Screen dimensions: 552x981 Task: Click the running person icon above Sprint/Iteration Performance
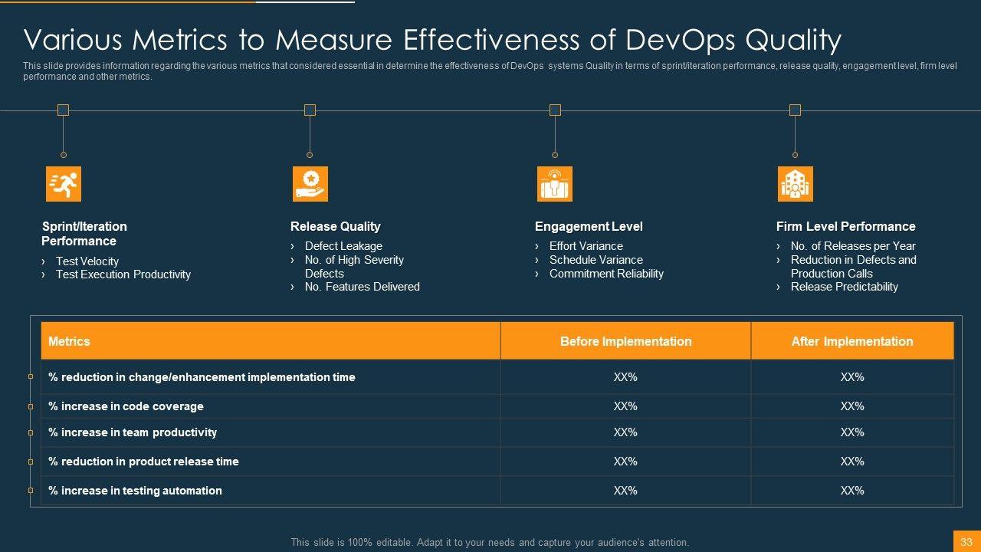click(64, 184)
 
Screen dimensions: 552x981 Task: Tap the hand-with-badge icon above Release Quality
click(310, 184)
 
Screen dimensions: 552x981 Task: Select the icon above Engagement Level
click(555, 184)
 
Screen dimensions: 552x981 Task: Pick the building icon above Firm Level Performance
click(795, 184)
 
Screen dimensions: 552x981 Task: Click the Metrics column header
click(69, 341)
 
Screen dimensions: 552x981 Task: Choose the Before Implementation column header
click(625, 341)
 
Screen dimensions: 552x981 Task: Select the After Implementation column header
click(852, 341)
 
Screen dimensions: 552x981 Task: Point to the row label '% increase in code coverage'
click(126, 406)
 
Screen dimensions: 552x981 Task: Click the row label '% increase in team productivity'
click(133, 432)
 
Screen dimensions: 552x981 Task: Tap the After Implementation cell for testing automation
click(852, 491)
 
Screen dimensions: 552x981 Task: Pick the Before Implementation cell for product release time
click(625, 462)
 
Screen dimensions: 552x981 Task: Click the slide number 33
click(966, 542)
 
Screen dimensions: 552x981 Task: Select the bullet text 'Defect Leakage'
click(343, 246)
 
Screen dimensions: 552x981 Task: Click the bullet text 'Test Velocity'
click(87, 261)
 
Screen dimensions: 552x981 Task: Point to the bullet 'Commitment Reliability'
click(606, 274)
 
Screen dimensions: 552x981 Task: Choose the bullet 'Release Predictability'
click(844, 287)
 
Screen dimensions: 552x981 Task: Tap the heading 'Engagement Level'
click(589, 226)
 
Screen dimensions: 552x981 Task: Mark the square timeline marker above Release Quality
click(310, 110)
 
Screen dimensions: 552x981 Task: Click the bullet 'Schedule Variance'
click(595, 260)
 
